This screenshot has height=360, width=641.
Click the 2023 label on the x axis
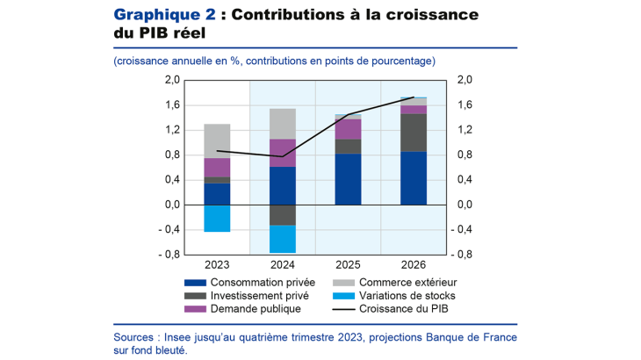[x=217, y=264]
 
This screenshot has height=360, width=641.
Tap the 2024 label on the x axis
[x=283, y=264]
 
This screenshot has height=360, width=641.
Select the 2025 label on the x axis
[x=349, y=264]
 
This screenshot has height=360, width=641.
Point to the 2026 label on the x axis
[x=414, y=264]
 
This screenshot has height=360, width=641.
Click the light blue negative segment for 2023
[x=217, y=218]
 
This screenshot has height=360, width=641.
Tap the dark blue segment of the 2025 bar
[x=349, y=179]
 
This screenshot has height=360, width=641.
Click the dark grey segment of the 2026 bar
[x=414, y=133]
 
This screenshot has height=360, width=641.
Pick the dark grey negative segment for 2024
[x=283, y=215]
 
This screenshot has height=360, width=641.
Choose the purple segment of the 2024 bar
[x=283, y=153]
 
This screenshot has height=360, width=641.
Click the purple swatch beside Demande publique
[x=195, y=309]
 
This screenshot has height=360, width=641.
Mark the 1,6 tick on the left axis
[x=172, y=105]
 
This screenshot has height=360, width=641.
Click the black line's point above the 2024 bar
[x=283, y=156]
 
